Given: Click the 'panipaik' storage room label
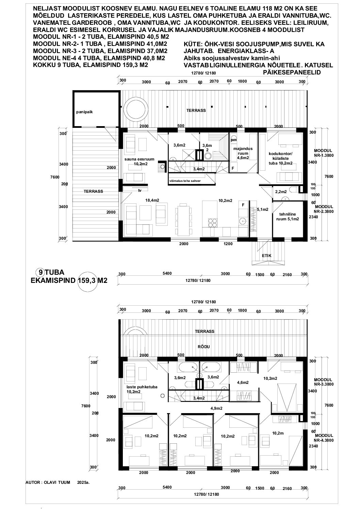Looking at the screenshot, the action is click(84, 112).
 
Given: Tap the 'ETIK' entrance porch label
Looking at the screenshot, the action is click(266, 256).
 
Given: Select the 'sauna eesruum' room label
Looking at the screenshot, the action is click(140, 159).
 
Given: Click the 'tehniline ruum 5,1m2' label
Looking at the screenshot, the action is click(288, 217).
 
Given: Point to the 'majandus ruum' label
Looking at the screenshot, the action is click(243, 151).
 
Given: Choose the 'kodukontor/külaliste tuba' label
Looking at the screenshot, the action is click(280, 158).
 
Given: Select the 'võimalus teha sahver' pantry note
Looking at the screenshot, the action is click(185, 181).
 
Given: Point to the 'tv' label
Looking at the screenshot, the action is click(140, 190).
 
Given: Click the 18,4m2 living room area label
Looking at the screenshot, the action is click(152, 200).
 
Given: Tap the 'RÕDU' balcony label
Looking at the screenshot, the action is click(204, 347).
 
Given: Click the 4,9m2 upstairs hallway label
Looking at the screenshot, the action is click(216, 408).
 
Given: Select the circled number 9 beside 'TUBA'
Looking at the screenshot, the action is click(40, 272).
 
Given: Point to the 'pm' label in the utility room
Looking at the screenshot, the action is click(234, 140).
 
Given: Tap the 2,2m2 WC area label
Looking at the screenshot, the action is click(281, 191).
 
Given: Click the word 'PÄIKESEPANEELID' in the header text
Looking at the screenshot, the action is click(292, 72).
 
